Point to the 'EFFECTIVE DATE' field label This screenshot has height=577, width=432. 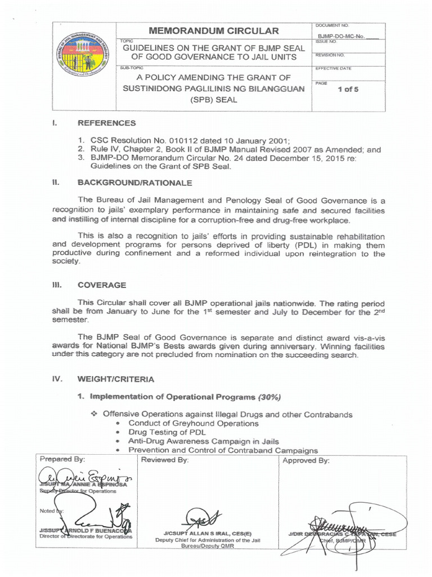tap(333, 68)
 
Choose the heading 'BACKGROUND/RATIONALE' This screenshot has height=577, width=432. tap(134, 183)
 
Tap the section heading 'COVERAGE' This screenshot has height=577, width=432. tap(102, 285)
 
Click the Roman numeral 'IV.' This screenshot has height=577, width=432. tap(57, 379)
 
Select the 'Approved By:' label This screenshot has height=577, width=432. tap(306, 460)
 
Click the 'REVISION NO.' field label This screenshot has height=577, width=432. tap(330, 55)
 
